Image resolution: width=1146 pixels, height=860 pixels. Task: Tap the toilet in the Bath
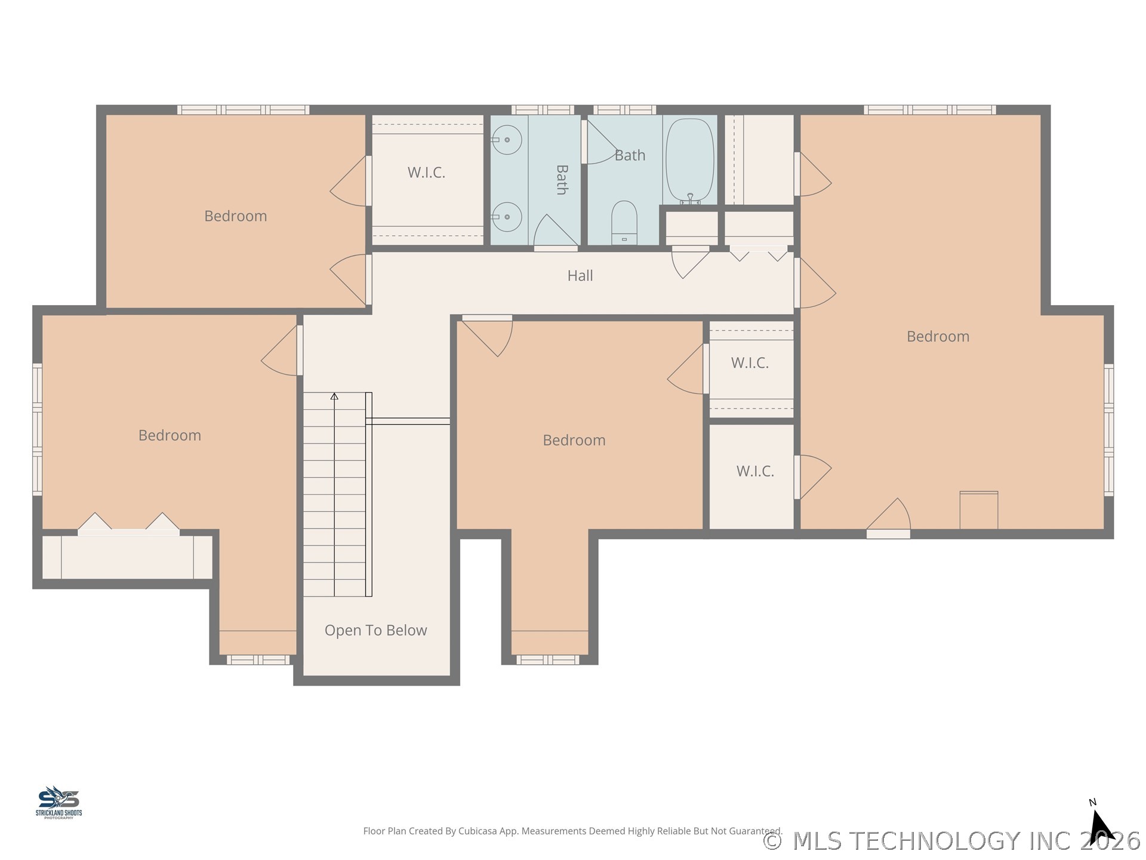624,223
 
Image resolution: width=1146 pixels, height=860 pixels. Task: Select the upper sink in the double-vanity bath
507,140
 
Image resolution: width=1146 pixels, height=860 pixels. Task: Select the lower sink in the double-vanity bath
507,217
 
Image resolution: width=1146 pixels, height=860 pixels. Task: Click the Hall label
580,275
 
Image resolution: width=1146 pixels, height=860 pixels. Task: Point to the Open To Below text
376,630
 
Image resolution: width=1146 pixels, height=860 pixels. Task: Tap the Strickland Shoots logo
58,802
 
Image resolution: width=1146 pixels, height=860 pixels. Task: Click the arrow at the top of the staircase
334,396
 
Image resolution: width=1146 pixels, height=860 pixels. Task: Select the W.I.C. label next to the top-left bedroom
426,173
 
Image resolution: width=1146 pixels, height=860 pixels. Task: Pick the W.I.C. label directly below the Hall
750,363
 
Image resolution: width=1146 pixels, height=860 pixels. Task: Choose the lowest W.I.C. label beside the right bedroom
755,471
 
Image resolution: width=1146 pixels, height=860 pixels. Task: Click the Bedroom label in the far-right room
938,336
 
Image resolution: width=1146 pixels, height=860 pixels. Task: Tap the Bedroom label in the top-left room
236,216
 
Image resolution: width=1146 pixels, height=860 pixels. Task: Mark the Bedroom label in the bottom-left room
170,435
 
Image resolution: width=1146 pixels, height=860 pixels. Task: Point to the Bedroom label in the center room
574,440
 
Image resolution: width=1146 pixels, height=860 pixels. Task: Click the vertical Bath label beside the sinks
562,180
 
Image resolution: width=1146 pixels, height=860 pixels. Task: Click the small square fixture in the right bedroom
979,510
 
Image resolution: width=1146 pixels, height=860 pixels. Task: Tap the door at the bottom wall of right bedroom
888,518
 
